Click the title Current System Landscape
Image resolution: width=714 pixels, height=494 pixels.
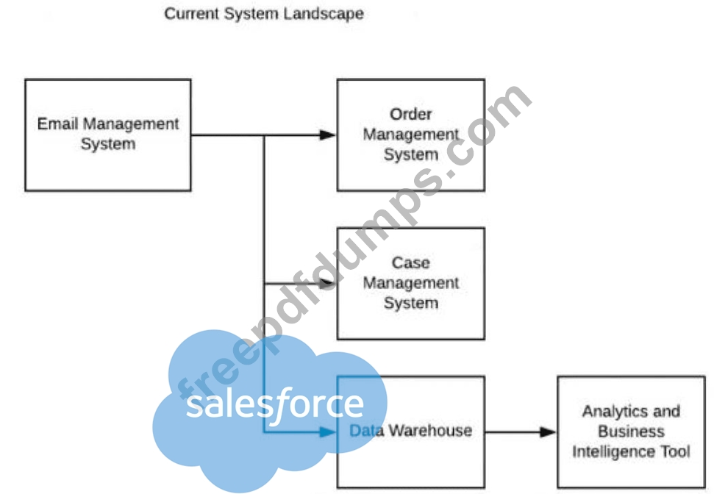(x=264, y=14)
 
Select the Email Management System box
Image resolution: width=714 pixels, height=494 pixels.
(x=108, y=135)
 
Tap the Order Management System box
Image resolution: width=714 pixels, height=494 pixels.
(x=411, y=135)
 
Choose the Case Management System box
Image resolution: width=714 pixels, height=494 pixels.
(x=411, y=283)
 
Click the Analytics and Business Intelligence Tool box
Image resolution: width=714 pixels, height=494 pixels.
(x=631, y=432)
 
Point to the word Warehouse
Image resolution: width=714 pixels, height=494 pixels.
(x=430, y=430)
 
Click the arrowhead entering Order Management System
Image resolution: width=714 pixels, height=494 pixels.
(x=327, y=135)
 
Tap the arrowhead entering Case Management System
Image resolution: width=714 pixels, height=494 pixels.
(x=327, y=283)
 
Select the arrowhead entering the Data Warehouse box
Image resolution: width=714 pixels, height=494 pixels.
(x=327, y=432)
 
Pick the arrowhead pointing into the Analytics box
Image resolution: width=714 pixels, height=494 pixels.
(x=548, y=432)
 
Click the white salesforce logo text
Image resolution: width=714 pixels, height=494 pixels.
(x=274, y=403)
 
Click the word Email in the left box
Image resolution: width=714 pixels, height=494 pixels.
(x=57, y=124)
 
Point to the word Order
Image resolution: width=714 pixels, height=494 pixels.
(x=411, y=114)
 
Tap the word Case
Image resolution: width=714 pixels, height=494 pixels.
(x=411, y=262)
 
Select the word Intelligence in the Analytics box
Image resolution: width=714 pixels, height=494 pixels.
(x=614, y=451)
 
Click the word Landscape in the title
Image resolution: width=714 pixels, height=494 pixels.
(x=324, y=14)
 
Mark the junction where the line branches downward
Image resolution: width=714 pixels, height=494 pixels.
(x=264, y=135)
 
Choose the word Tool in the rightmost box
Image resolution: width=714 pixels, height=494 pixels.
(x=675, y=451)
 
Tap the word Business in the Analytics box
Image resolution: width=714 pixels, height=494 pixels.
(x=631, y=432)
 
